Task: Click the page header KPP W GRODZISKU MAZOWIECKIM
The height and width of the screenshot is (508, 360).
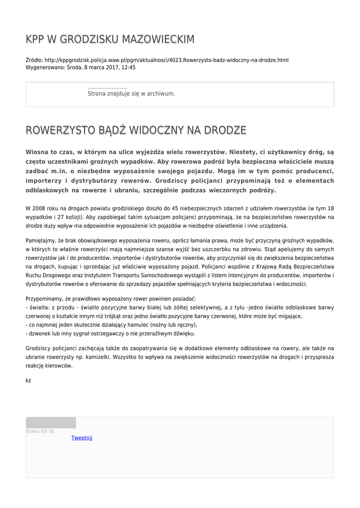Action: pyautogui.click(x=110, y=39)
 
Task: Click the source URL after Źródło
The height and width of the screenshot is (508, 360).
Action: pyautogui.click(x=166, y=60)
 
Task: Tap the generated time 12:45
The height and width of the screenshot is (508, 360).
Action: pyautogui.click(x=129, y=67)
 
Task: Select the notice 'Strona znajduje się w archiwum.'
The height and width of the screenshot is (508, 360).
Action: pyautogui.click(x=131, y=93)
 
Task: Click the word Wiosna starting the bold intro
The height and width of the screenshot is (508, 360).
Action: pyautogui.click(x=39, y=152)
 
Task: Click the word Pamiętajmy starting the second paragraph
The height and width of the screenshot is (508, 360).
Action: pyautogui.click(x=41, y=240)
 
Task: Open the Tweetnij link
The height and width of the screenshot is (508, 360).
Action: pyautogui.click(x=81, y=438)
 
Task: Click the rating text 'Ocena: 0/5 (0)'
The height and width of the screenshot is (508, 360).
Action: pyautogui.click(x=40, y=431)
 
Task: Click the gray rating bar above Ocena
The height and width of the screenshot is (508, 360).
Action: pyautogui.click(x=51, y=423)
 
